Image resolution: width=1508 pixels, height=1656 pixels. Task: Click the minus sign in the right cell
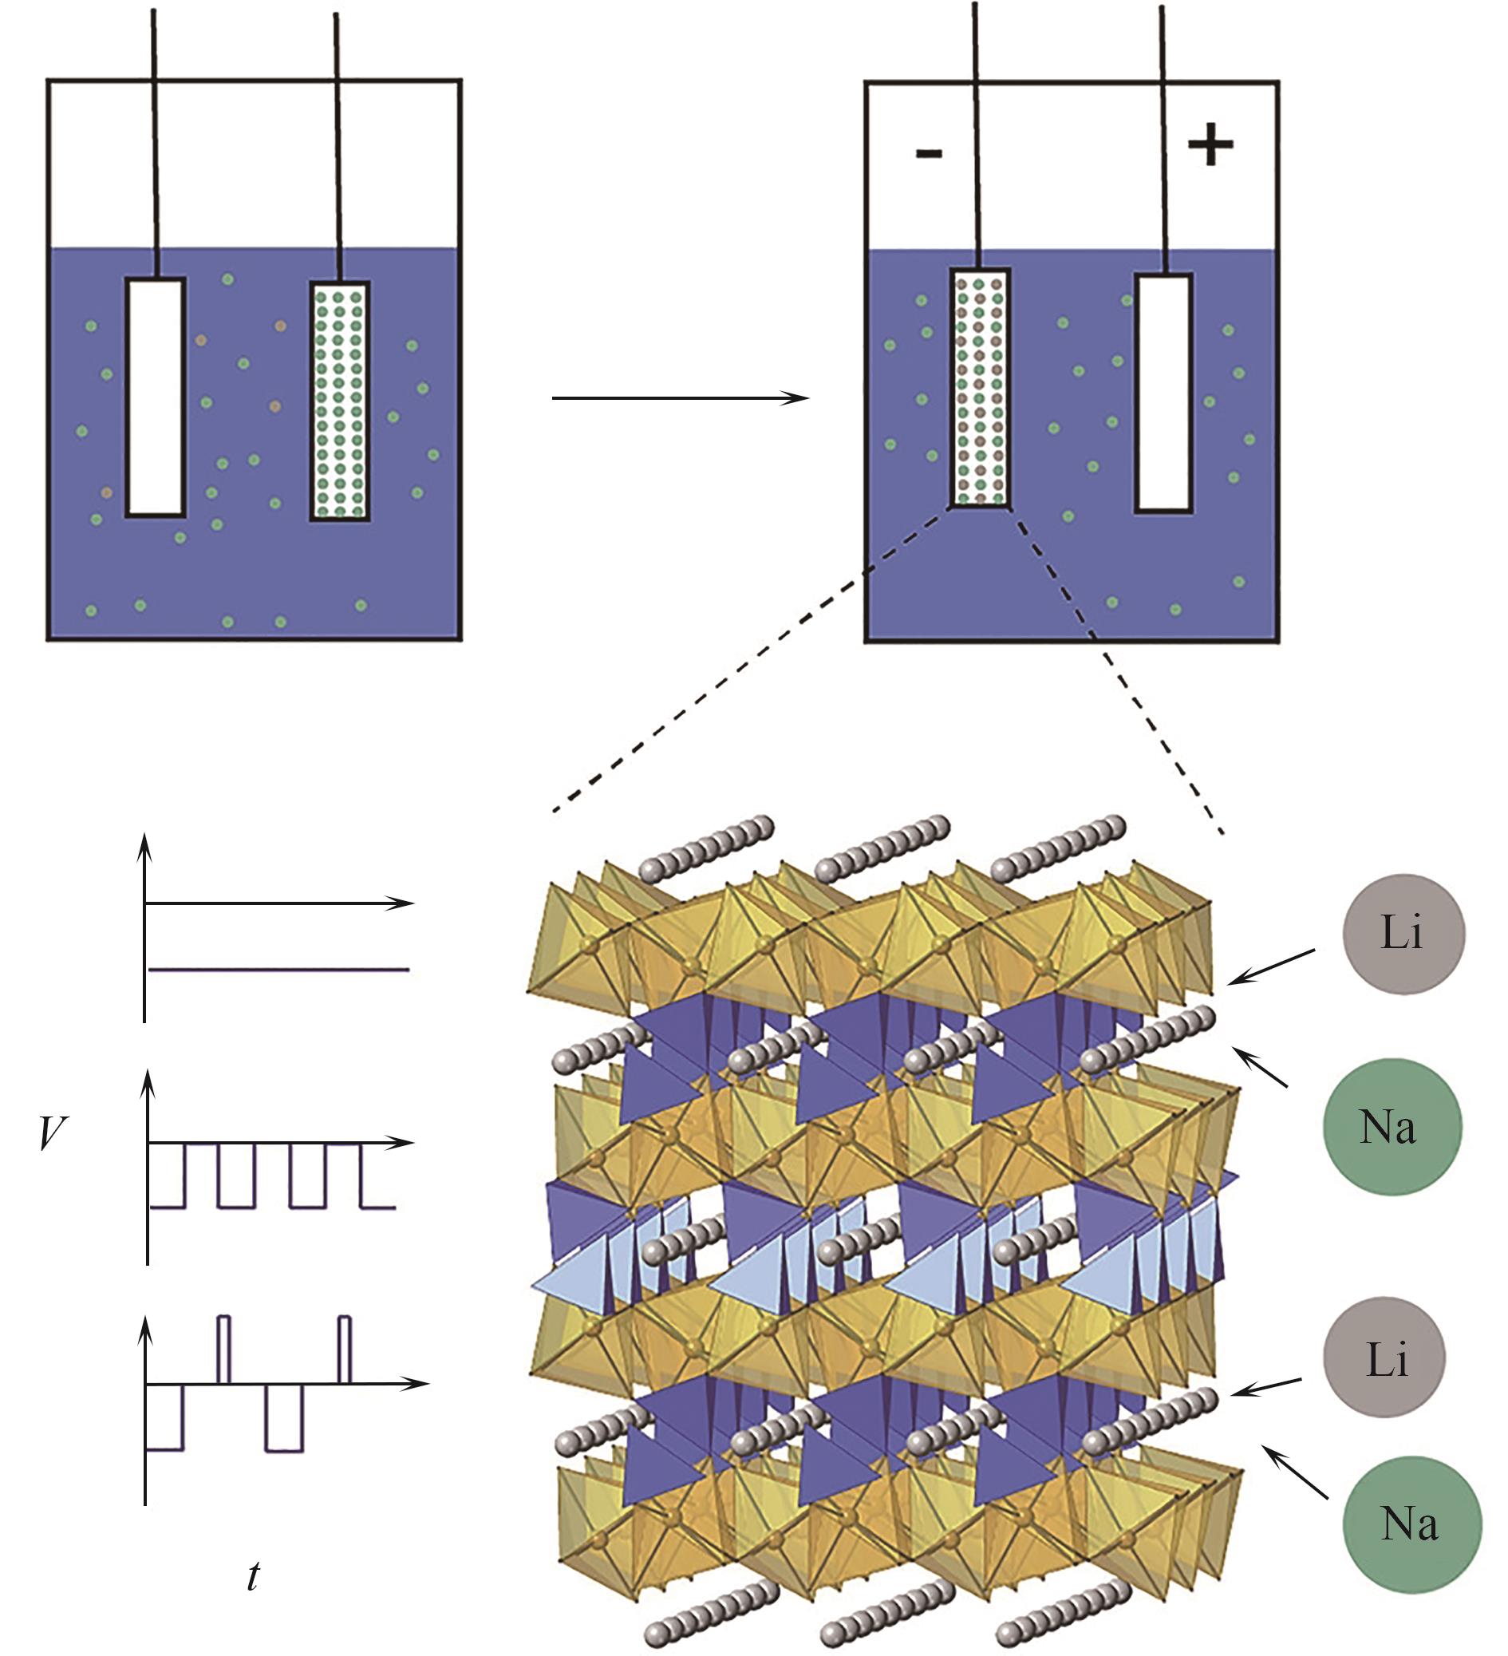(928, 153)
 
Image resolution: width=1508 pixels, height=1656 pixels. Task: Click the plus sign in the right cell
(1210, 146)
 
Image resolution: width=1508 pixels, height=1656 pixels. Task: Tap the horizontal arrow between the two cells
(680, 398)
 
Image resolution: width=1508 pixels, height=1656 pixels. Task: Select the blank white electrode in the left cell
(156, 397)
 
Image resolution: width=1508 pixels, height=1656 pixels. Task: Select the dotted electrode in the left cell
(339, 401)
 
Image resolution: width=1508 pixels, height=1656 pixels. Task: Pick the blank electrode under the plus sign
(1164, 393)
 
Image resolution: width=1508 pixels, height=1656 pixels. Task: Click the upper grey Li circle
(1403, 934)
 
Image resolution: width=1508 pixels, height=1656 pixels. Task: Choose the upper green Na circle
(1392, 1126)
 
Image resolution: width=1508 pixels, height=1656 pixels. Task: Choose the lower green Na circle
(1412, 1524)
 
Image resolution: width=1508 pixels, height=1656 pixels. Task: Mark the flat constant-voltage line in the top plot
(279, 970)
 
